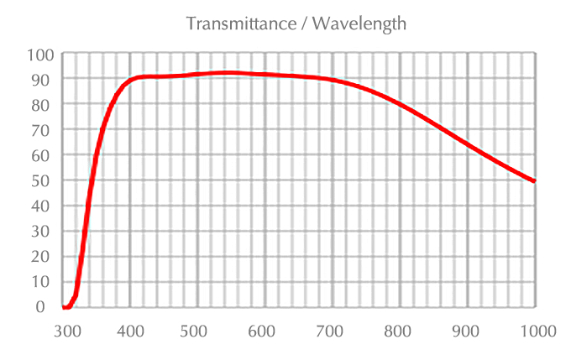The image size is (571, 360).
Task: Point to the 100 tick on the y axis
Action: pos(40,55)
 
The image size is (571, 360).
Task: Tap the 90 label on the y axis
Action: pos(44,80)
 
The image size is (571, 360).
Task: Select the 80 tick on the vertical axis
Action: pos(44,105)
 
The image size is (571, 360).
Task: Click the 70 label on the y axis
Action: pos(44,130)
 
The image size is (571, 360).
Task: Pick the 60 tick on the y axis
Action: pos(44,155)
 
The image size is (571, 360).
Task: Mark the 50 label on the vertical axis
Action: pos(44,180)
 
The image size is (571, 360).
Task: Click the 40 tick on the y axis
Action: pos(44,206)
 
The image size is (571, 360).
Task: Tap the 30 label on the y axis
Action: pos(44,231)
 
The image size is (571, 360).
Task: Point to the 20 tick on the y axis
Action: pos(44,256)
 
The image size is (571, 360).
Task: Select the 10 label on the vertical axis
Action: pos(44,281)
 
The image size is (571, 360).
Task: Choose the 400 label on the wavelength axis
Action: pos(130,331)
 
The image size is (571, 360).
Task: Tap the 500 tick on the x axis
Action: pos(197,331)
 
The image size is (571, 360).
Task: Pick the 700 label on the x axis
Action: pos(333,331)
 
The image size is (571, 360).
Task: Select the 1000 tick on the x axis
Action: pos(535,331)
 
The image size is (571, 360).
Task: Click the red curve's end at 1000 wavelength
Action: pos(535,181)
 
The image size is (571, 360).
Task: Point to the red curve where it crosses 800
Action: pos(400,105)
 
